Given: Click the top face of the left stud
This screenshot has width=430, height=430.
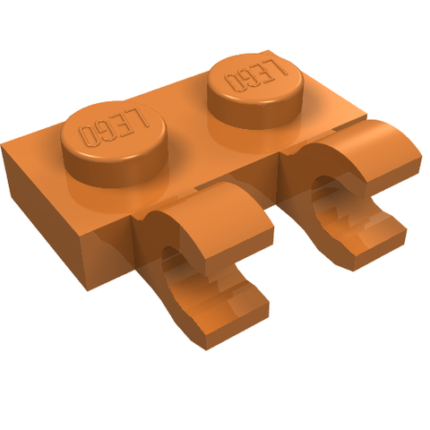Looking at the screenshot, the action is (x=114, y=130).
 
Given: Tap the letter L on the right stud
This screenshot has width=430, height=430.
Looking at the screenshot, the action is (x=279, y=66).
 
